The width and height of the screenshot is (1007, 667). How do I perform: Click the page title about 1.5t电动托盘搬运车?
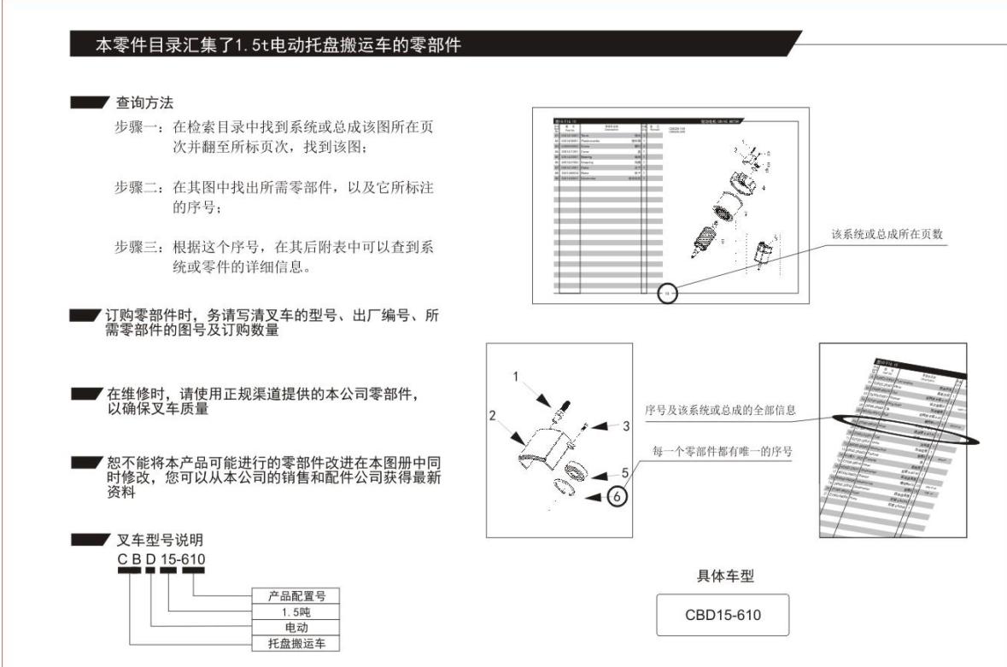point(278,45)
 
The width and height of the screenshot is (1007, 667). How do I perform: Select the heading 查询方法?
point(144,103)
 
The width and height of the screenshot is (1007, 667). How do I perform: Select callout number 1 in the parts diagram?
point(515,376)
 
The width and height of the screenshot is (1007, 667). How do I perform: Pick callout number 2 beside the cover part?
point(493,415)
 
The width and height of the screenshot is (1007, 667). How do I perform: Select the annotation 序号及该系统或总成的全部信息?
point(720,410)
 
